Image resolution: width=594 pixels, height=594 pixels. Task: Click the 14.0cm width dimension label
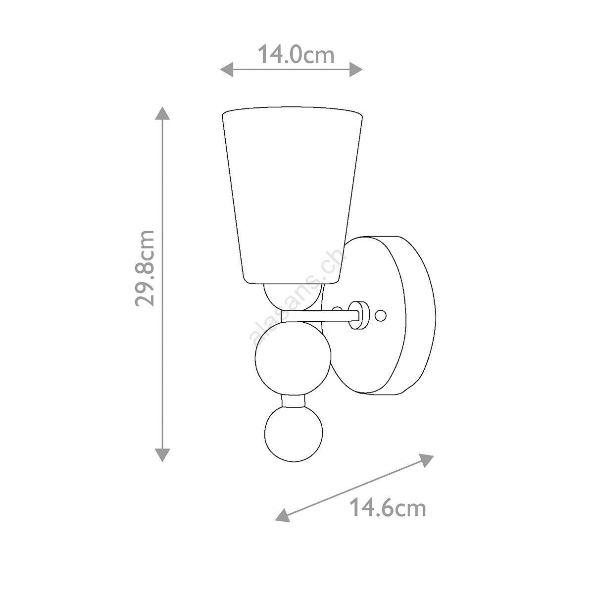point(296,55)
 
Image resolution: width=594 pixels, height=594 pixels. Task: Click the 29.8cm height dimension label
point(145,268)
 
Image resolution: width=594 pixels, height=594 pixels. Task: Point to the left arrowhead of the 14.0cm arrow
point(227,70)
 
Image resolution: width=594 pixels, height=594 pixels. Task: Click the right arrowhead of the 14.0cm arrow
point(356,70)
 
